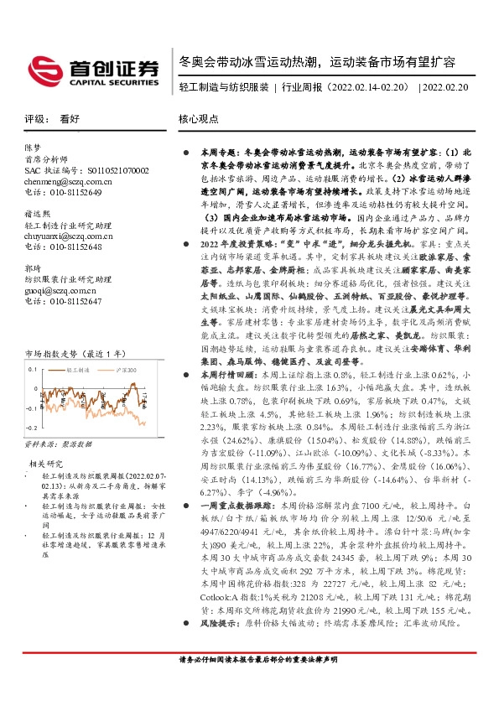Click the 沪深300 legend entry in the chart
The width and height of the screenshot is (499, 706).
click(126, 368)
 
